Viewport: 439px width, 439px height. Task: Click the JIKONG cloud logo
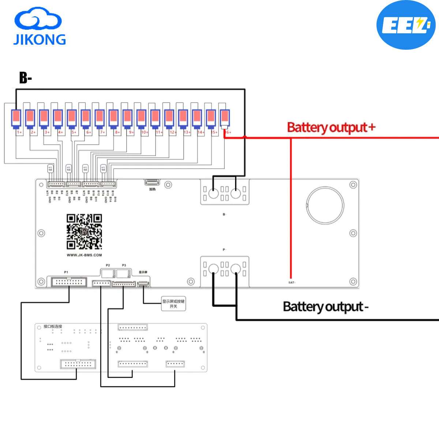point(40,27)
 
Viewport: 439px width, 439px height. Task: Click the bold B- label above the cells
point(26,78)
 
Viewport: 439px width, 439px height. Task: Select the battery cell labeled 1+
point(16,118)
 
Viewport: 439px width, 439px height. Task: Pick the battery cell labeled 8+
point(113,118)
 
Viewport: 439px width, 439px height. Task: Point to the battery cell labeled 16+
point(225,118)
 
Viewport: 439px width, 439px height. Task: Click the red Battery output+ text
point(331,127)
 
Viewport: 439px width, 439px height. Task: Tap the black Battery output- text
point(325,307)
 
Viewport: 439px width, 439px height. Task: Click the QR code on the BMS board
point(84,232)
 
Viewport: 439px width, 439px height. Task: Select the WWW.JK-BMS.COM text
point(84,255)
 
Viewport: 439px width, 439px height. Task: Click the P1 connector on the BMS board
point(69,282)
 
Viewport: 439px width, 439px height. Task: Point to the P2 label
point(108,265)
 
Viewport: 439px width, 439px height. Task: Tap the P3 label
point(124,265)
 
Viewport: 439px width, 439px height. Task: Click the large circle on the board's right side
point(325,205)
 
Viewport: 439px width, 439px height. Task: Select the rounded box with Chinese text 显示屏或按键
point(174,304)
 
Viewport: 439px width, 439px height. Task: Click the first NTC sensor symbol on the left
point(50,169)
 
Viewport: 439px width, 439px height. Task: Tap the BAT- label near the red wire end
point(292,282)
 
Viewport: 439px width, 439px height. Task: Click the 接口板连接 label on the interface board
point(53,326)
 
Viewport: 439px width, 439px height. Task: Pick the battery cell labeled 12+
point(169,118)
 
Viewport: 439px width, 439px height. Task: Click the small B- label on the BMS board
point(224,214)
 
